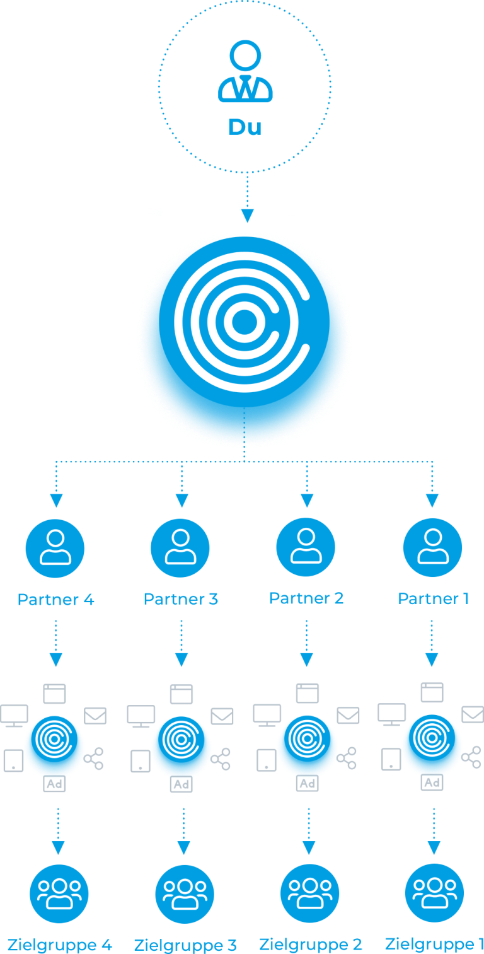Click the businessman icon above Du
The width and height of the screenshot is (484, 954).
click(245, 71)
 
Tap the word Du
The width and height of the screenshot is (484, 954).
click(245, 127)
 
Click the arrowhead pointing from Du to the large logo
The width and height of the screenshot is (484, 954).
click(247, 216)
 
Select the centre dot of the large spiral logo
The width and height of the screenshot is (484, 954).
click(245, 322)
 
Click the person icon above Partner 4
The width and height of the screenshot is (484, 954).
click(55, 548)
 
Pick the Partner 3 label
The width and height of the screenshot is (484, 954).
click(181, 599)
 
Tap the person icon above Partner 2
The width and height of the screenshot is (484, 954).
click(306, 547)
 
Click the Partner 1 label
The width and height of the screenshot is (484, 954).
click(434, 599)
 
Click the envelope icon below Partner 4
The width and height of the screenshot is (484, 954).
click(95, 716)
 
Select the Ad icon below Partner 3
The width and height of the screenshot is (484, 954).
click(181, 784)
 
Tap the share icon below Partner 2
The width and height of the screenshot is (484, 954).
click(347, 758)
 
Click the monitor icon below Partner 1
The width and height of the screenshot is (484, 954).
click(391, 714)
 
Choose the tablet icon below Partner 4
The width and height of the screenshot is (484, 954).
click(14, 760)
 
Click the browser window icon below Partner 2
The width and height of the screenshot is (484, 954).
click(308, 693)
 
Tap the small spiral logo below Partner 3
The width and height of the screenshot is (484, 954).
click(181, 740)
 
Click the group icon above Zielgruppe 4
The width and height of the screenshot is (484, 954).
click(59, 893)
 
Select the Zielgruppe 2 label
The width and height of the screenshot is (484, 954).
click(310, 944)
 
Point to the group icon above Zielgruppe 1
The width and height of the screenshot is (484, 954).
click(434, 893)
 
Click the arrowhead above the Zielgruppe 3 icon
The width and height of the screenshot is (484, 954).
click(184, 847)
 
